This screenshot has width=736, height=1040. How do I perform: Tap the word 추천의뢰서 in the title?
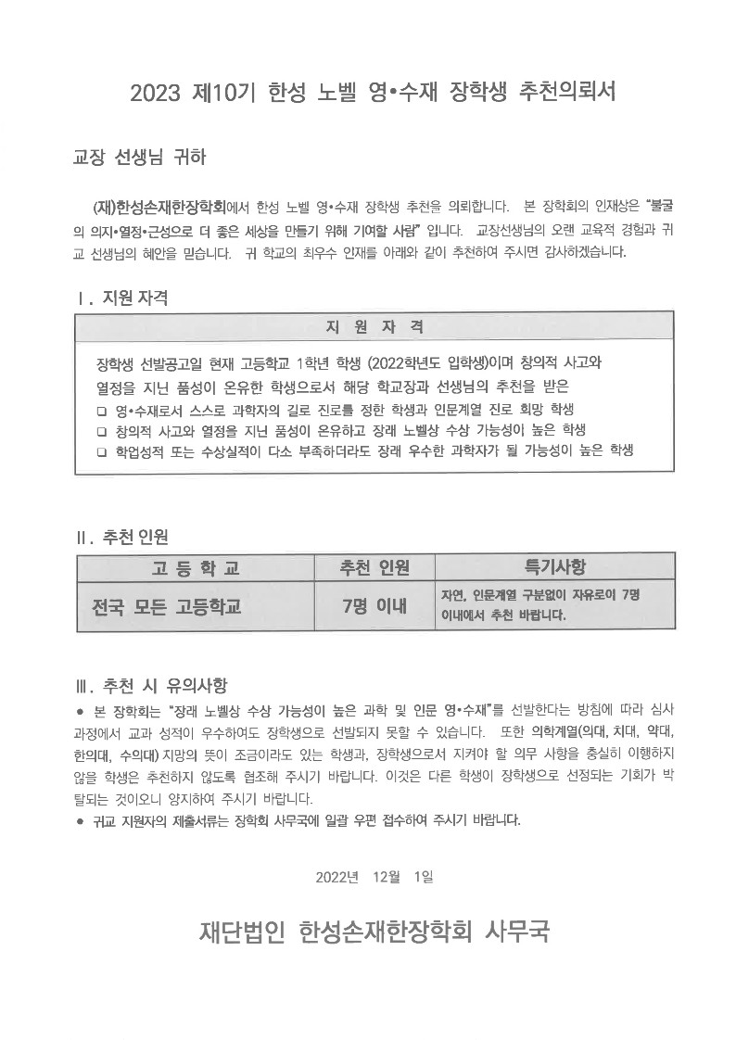click(564, 92)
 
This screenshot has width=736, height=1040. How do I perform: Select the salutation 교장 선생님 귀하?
click(139, 158)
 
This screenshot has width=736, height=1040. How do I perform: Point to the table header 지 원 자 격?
click(374, 326)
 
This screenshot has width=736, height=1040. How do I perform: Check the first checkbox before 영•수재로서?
click(102, 410)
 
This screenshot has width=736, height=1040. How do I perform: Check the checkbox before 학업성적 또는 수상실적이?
click(102, 451)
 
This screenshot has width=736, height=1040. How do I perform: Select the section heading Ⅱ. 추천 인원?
click(121, 536)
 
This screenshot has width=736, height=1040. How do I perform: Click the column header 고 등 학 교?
click(195, 567)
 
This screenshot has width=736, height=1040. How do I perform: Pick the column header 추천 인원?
click(374, 567)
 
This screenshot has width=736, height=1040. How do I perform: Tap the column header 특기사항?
click(554, 567)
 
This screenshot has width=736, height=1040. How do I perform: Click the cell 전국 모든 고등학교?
click(167, 607)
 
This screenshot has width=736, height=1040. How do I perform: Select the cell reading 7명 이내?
click(374, 607)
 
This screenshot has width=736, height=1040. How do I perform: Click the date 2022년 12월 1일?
click(374, 877)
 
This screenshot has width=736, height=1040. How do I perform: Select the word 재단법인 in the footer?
click(243, 931)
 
